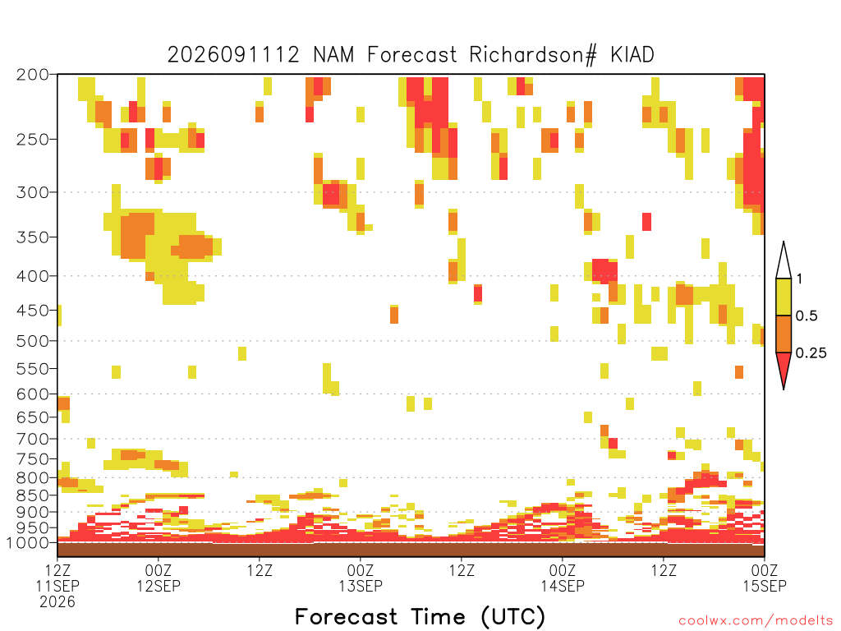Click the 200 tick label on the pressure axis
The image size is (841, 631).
click(x=33, y=75)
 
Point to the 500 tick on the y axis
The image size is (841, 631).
click(x=33, y=341)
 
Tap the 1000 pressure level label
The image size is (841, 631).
click(x=28, y=542)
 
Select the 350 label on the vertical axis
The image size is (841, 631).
click(x=33, y=237)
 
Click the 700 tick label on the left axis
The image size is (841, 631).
click(x=33, y=439)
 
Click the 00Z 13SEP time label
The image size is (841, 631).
click(x=361, y=578)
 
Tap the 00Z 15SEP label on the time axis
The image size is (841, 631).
click(x=765, y=578)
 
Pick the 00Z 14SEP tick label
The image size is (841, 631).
click(x=562, y=578)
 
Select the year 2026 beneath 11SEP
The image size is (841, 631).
click(x=57, y=601)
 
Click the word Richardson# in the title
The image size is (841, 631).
click(x=533, y=55)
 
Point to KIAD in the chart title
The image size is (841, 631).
click(x=632, y=54)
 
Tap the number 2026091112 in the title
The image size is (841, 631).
click(x=233, y=54)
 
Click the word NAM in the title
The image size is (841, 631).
click(x=333, y=54)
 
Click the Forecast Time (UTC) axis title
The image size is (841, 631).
click(x=420, y=617)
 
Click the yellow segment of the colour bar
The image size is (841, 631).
click(x=784, y=297)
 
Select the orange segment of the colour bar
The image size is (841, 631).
click(x=784, y=334)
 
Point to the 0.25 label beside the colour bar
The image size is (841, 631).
click(x=811, y=352)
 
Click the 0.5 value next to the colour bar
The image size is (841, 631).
click(x=807, y=315)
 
